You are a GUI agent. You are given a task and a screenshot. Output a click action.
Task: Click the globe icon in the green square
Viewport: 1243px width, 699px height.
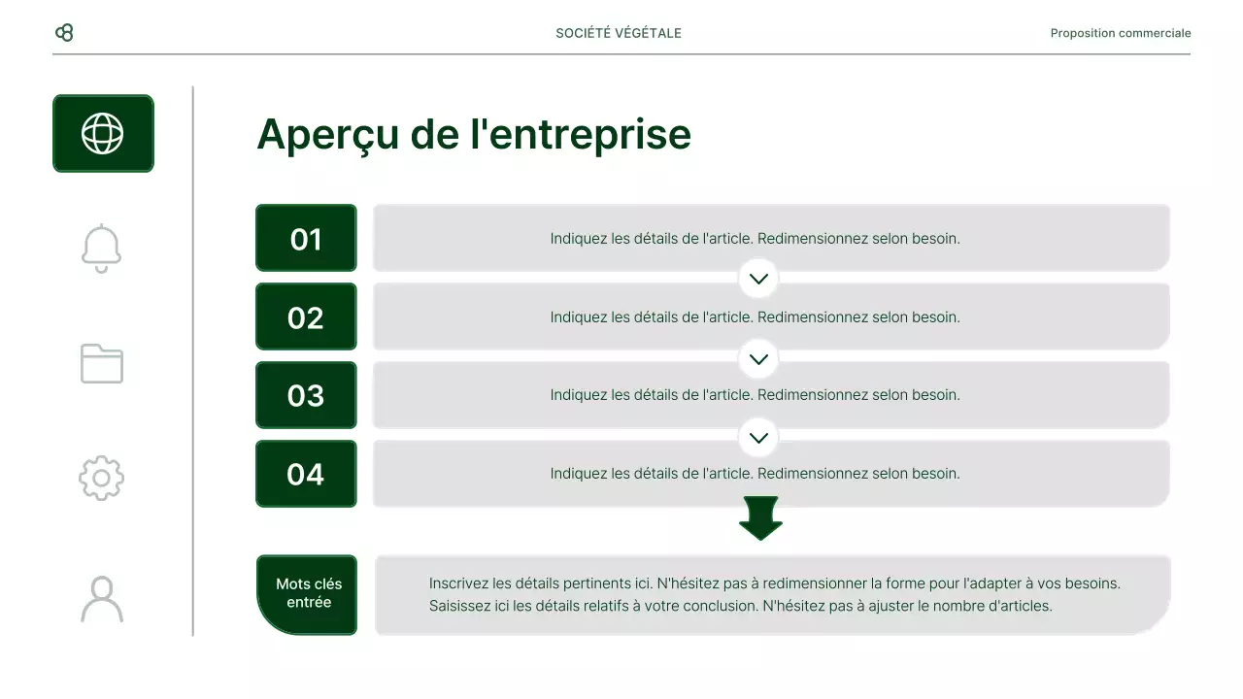click(x=103, y=134)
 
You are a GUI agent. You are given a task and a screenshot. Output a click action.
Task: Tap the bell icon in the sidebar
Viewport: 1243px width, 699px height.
click(x=102, y=249)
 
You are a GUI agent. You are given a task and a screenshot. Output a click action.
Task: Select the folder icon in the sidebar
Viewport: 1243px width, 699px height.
click(x=102, y=364)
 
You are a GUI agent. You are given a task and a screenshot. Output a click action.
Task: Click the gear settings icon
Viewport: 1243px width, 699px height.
click(x=102, y=478)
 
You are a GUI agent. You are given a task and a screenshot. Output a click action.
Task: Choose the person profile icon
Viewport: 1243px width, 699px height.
click(x=102, y=599)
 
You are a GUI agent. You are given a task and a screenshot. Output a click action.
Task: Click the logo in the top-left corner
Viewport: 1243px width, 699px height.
click(x=64, y=33)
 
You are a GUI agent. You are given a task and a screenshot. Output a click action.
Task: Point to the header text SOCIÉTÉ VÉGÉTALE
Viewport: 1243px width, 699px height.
click(x=619, y=33)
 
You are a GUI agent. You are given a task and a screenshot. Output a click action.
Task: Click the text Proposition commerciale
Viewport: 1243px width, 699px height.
click(x=1120, y=33)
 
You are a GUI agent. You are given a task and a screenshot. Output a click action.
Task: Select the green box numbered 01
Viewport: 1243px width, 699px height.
click(x=306, y=238)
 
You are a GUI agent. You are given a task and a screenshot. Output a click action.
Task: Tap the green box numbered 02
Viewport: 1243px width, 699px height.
click(x=306, y=316)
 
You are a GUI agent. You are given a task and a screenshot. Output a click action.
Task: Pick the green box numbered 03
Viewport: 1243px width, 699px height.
click(x=306, y=395)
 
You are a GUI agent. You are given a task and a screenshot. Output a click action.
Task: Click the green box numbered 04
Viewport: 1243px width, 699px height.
click(x=306, y=474)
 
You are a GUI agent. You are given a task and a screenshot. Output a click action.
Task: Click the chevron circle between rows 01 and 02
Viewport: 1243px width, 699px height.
click(x=758, y=279)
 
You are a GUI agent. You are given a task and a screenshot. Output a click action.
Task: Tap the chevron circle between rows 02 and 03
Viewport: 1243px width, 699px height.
click(x=758, y=358)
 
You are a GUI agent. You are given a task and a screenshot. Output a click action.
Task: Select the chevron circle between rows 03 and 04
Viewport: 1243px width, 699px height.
click(x=758, y=437)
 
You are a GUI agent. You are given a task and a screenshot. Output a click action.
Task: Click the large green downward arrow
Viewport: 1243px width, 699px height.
click(x=760, y=517)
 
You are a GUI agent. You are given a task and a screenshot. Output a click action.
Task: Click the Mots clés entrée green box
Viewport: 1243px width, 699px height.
click(x=308, y=594)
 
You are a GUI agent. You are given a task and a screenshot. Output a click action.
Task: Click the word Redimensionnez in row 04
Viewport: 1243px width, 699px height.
click(x=813, y=474)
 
